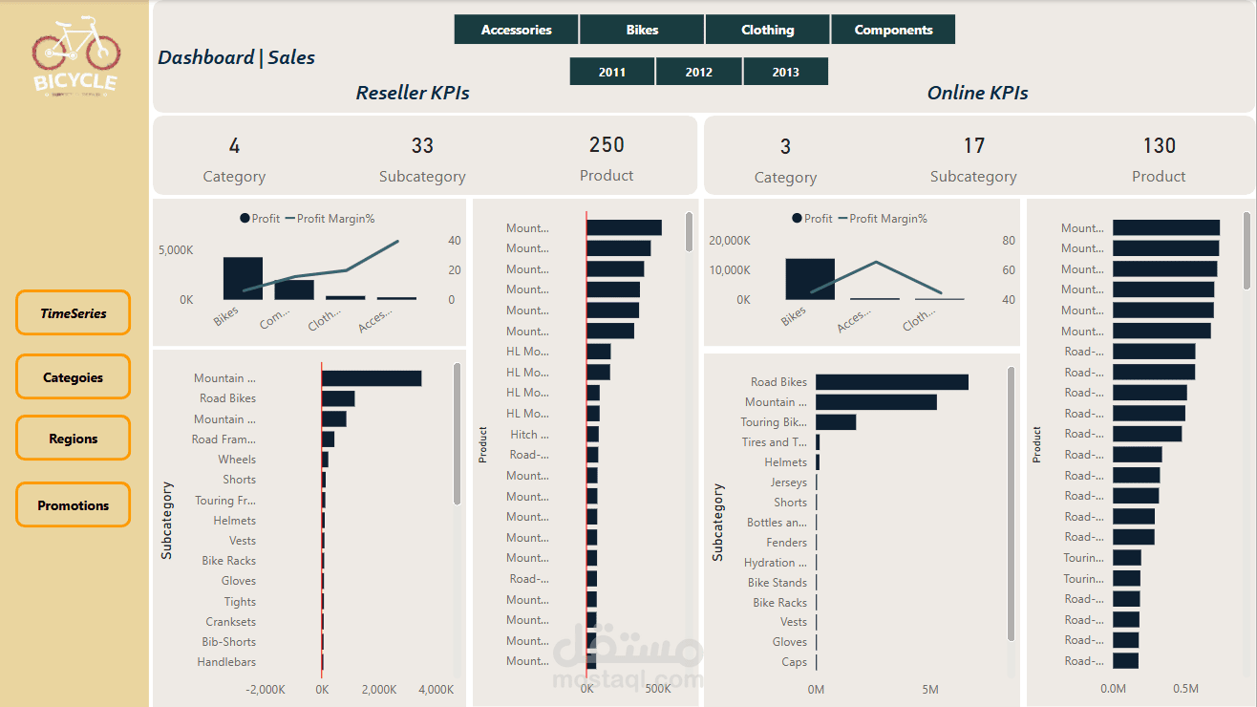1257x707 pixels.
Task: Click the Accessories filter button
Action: [516, 30]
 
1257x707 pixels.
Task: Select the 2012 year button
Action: [698, 72]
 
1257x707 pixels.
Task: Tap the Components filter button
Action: [893, 30]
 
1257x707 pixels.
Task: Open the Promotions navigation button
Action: [73, 505]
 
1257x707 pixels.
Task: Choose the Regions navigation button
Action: [73, 439]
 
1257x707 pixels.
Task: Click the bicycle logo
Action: [75, 54]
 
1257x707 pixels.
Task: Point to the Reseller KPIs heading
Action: [413, 93]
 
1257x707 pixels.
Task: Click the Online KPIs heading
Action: [977, 93]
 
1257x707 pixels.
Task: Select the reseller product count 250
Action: [607, 145]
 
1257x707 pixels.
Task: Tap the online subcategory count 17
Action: [973, 146]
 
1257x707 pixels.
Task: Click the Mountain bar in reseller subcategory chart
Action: [372, 378]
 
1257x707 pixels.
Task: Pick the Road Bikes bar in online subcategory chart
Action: [891, 382]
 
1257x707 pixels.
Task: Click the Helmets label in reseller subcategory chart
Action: [235, 521]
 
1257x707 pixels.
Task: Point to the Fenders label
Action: [786, 543]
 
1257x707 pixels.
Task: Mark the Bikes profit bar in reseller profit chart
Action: [243, 278]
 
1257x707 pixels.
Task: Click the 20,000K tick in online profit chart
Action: [730, 241]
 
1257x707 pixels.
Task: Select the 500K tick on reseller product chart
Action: [657, 689]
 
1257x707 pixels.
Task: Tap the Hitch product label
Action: [524, 435]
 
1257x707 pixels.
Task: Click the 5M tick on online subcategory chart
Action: [930, 689]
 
